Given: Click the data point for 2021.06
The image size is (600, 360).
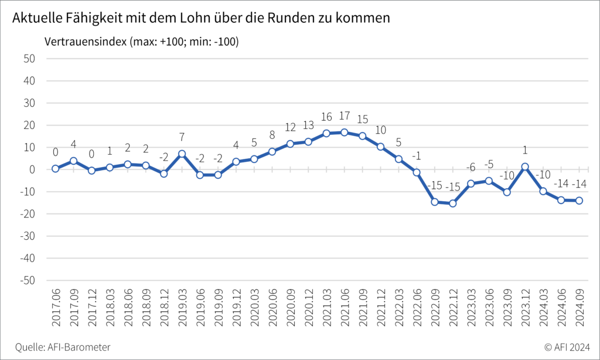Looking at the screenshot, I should [344, 133].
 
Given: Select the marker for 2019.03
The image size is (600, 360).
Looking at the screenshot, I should [182, 154].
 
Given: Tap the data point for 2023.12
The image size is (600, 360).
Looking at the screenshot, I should [525, 167].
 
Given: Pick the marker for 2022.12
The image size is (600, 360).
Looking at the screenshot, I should [452, 203].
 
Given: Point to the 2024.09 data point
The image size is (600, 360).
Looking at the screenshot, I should [579, 201].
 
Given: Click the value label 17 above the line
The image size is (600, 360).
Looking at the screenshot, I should [344, 117].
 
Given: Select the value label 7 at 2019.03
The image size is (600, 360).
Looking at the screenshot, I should [182, 138].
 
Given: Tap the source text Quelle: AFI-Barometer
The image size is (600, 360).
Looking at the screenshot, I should [63, 347].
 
